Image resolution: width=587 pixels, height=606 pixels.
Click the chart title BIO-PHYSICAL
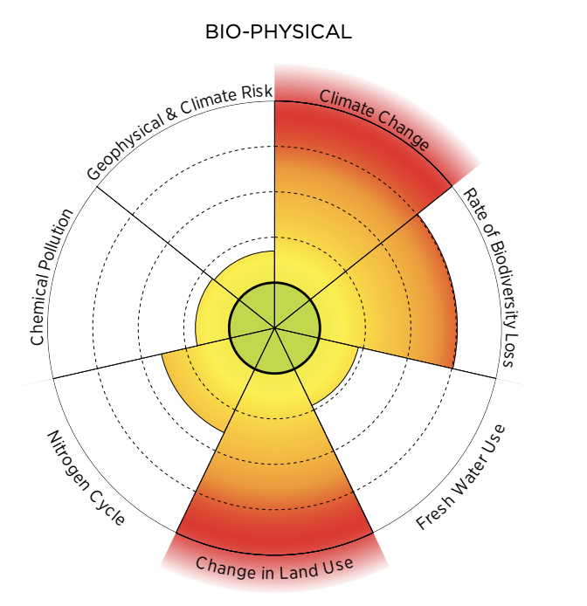coord(278,32)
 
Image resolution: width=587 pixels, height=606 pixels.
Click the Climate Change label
coord(373,119)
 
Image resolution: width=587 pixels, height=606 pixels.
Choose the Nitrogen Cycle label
coord(86,479)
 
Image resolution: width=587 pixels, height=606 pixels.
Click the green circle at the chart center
coord(275,328)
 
